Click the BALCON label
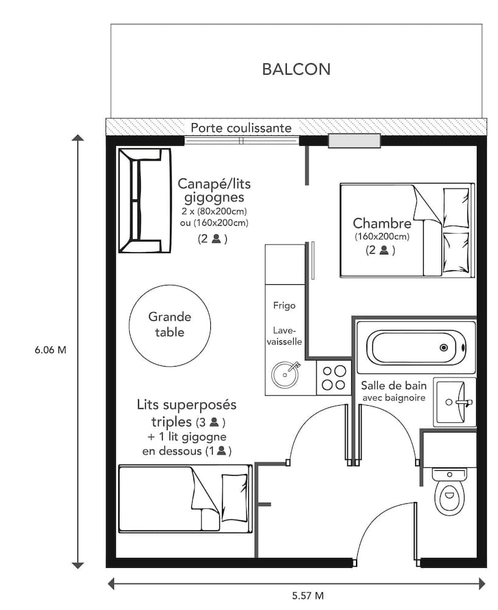pyautogui.click(x=296, y=69)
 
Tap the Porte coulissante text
pyautogui.click(x=241, y=128)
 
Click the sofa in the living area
pyautogui.click(x=144, y=201)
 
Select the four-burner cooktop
pyautogui.click(x=333, y=377)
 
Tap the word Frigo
pyautogui.click(x=284, y=306)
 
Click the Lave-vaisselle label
pyautogui.click(x=284, y=334)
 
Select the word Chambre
pyautogui.click(x=382, y=223)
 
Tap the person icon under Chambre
pyautogui.click(x=383, y=249)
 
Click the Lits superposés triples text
pyautogui.click(x=187, y=405)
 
